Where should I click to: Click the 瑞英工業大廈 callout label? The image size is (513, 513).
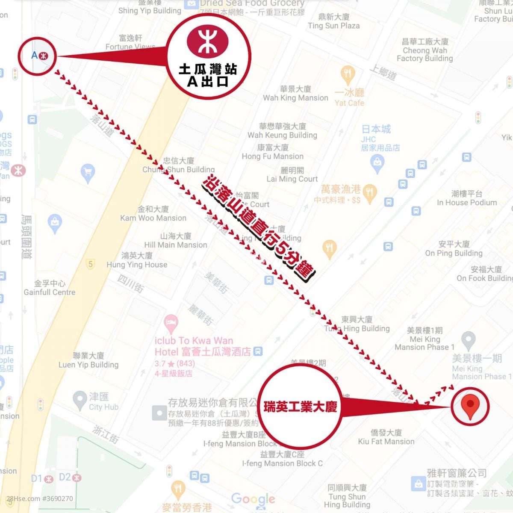tap(300, 407)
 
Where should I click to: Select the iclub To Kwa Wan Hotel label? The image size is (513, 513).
tap(194, 346)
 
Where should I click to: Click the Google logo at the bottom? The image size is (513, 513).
tap(253, 498)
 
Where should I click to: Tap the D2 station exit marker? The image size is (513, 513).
tap(70, 477)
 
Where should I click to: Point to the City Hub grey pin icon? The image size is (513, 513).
tap(80, 401)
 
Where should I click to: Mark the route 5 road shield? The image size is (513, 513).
tap(90, 264)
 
